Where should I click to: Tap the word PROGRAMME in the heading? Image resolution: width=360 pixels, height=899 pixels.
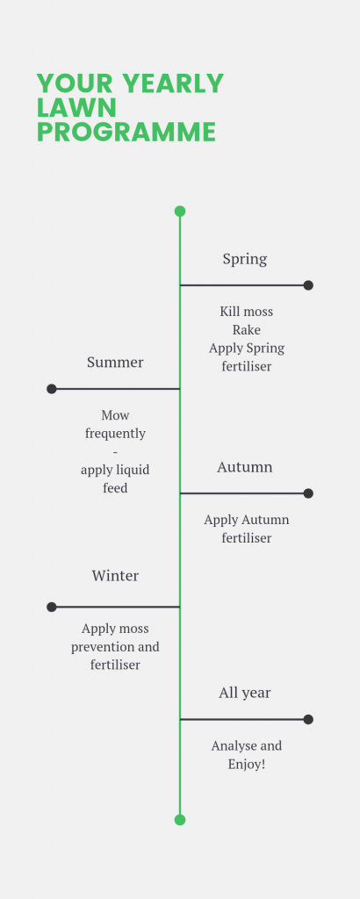click(x=126, y=132)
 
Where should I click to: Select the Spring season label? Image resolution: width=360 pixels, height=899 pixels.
click(x=245, y=259)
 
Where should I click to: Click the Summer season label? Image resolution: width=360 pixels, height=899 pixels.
click(x=115, y=363)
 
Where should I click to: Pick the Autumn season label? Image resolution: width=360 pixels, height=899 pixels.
click(x=245, y=467)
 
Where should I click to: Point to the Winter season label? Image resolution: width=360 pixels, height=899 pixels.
click(x=115, y=576)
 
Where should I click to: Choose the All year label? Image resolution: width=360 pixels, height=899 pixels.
click(x=245, y=694)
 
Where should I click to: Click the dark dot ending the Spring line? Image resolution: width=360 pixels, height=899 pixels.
click(x=308, y=285)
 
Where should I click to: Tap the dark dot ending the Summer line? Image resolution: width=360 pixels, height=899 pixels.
click(x=52, y=389)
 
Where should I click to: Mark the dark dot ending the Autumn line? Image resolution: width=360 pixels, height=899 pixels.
click(x=308, y=493)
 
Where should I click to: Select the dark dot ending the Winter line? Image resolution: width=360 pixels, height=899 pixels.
click(x=52, y=607)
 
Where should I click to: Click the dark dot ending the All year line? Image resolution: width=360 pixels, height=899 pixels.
click(x=308, y=719)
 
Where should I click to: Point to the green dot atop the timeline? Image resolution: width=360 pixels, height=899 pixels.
click(x=180, y=211)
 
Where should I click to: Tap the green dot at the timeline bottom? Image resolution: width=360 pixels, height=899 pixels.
click(x=180, y=820)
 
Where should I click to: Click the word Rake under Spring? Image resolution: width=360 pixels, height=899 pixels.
click(x=247, y=330)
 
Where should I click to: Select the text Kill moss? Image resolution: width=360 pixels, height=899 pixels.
click(x=247, y=312)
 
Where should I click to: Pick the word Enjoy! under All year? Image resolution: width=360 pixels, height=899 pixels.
click(x=247, y=765)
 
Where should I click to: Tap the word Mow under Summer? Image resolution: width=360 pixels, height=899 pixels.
click(x=115, y=415)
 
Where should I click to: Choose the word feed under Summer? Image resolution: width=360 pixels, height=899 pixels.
click(x=115, y=488)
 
